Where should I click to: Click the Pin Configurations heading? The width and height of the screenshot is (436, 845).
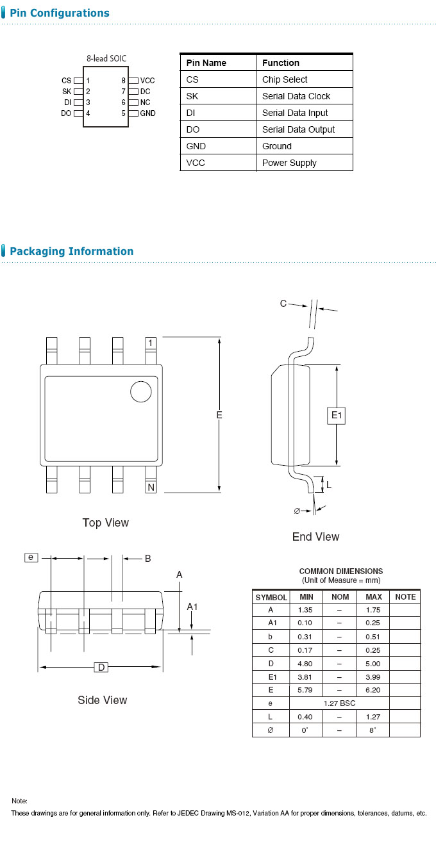[x=59, y=13]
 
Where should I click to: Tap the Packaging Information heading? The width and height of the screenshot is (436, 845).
[x=71, y=251]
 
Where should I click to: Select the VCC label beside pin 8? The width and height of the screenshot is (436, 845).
[x=147, y=81]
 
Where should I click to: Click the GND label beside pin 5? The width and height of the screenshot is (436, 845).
[x=147, y=113]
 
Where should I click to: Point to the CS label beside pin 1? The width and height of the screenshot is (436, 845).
[x=66, y=81]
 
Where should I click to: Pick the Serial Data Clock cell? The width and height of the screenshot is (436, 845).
[x=296, y=96]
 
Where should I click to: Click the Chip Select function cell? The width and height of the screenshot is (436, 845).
[x=285, y=79]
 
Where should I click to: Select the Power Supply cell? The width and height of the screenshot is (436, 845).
[x=289, y=163]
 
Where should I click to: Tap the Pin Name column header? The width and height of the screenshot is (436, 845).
[x=206, y=63]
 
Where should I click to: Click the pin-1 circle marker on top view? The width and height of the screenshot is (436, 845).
[x=141, y=391]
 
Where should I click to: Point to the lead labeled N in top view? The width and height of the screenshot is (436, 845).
[x=151, y=488]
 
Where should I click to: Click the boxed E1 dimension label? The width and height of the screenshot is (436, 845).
[x=337, y=416]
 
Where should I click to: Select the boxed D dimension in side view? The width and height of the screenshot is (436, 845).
[x=101, y=668]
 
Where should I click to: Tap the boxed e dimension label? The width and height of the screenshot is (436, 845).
[x=31, y=557]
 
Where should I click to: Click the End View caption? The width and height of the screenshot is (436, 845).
[x=315, y=537]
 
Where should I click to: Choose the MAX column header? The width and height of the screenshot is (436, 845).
[x=374, y=597]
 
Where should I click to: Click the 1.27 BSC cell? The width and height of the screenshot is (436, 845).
[x=339, y=703]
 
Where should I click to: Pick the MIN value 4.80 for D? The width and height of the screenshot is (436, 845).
[x=305, y=664]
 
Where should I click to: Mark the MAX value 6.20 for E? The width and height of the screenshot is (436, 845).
[x=374, y=690]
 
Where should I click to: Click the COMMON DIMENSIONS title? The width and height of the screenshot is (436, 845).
[x=341, y=571]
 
